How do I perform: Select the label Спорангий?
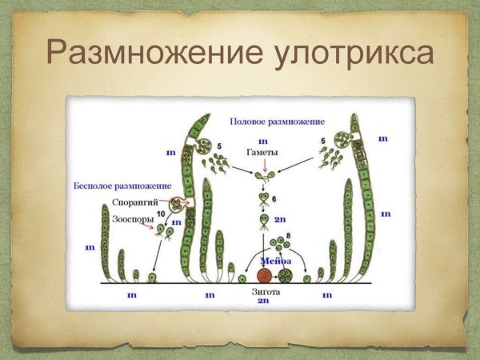140,202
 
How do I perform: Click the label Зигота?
264,292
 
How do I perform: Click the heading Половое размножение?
277,122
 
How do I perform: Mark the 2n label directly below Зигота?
263,302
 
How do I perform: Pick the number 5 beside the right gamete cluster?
322,142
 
